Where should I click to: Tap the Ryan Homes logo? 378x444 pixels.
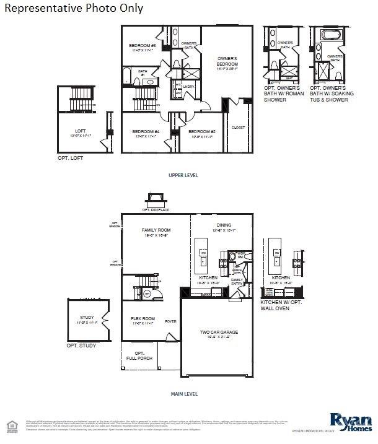coord(351,423)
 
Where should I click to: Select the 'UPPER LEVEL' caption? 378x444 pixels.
coord(183,175)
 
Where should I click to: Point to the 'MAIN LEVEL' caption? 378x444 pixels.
coord(184,393)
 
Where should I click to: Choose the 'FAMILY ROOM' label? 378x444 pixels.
coord(156,230)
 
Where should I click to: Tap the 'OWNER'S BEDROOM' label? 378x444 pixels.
coord(227,61)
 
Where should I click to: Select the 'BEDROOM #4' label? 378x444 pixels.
coord(146,131)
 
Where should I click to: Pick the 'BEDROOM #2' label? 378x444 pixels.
coord(202,131)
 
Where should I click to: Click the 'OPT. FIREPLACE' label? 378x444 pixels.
coord(156,210)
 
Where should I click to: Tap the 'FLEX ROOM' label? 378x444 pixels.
coord(143,319)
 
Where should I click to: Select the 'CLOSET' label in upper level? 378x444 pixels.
coord(238,128)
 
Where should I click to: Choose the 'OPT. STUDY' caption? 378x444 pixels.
coord(81,345)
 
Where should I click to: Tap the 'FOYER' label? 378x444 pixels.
coord(170,321)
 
